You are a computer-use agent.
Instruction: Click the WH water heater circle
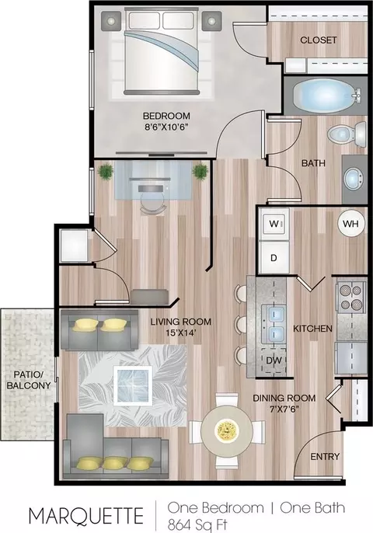tap(350, 224)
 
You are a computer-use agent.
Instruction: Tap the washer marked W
tap(274, 224)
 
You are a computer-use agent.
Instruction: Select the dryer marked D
tap(274, 257)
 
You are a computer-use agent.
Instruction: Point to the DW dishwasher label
tap(274, 361)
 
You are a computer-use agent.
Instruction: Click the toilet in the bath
tap(347, 134)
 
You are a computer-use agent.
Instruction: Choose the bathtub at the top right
tap(326, 96)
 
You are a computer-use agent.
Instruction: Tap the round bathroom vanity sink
tap(353, 179)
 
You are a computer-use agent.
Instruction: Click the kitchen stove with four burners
tap(351, 296)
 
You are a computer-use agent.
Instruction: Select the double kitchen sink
tap(274, 323)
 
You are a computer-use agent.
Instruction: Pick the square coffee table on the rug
tap(133, 385)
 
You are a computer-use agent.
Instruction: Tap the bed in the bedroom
tap(161, 51)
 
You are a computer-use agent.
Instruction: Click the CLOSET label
tap(319, 40)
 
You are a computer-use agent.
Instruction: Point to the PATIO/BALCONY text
tap(29, 380)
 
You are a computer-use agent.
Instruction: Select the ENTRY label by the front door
tap(325, 457)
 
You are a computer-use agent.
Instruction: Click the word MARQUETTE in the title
tap(86, 515)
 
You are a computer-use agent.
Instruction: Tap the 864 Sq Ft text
tap(197, 524)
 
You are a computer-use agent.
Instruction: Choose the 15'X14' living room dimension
tap(180, 333)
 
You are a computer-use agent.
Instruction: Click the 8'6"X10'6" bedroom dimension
tap(166, 127)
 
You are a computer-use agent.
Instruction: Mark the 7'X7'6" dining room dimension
tap(284, 409)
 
